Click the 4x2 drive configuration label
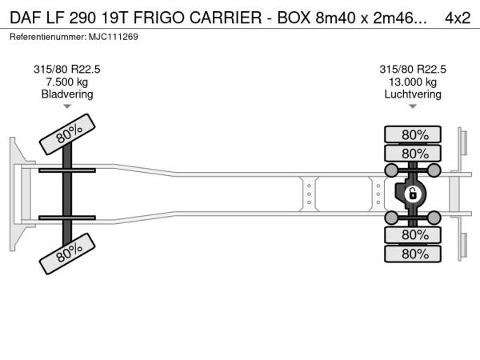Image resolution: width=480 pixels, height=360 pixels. point(458,18)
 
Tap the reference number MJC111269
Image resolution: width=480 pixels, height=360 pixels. point(114,37)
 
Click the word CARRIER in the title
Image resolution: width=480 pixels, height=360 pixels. point(226,18)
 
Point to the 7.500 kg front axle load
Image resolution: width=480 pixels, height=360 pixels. point(67,82)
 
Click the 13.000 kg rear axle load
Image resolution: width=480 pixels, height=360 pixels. point(413,82)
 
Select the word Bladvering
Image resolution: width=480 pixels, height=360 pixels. point(67,94)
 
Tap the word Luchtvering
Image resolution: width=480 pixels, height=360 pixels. point(413,94)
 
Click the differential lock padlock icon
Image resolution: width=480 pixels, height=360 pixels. point(412,194)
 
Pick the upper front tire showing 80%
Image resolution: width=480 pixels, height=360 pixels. point(67,134)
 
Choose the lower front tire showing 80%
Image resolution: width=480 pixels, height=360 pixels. point(67,254)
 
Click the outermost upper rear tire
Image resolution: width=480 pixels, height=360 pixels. point(413,134)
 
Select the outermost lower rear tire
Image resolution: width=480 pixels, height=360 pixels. point(413,254)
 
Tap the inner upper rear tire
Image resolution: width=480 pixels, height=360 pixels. point(413,153)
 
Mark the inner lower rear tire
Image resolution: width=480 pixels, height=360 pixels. point(413,234)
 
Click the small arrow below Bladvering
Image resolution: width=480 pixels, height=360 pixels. point(67,106)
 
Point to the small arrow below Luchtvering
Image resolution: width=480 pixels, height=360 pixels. point(413,106)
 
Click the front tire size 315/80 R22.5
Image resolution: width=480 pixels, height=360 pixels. point(67,70)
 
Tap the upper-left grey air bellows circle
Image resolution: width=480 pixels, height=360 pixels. point(391,170)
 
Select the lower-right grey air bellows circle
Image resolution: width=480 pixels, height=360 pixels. point(434,218)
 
